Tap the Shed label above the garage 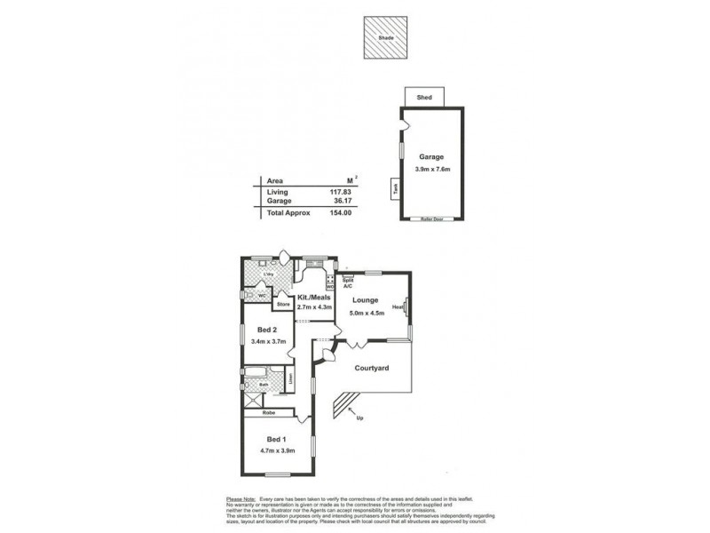coord(424,97)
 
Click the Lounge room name coord(366,300)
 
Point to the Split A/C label coord(348,283)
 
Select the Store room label coord(283,305)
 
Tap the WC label coord(262,295)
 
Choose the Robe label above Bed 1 coord(267,413)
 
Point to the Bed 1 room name coord(276,439)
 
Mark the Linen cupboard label coord(291,379)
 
